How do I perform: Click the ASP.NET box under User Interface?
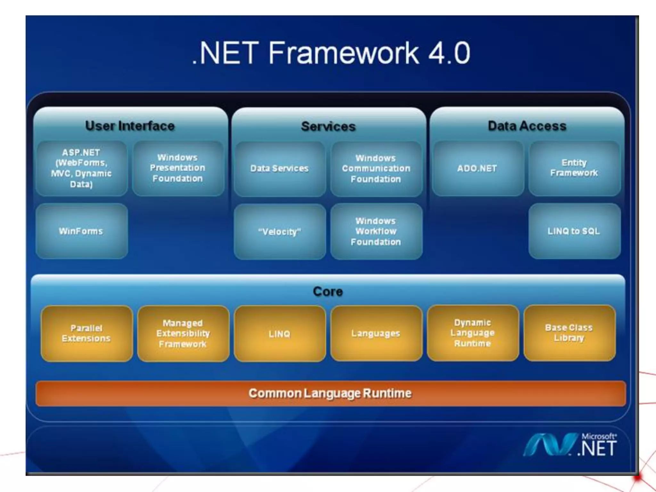[81, 168]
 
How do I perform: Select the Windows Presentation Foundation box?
[178, 168]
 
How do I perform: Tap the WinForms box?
[81, 231]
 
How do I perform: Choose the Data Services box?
[280, 168]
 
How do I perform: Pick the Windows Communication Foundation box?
[376, 168]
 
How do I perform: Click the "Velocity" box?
[280, 232]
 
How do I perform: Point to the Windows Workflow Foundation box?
[376, 231]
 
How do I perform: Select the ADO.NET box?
[477, 168]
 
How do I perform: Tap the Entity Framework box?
[574, 168]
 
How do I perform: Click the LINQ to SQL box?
[574, 231]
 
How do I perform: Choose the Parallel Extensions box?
[86, 333]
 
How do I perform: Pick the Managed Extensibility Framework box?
[183, 333]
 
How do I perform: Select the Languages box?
[376, 333]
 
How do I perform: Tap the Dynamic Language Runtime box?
[473, 333]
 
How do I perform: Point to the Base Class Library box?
[569, 333]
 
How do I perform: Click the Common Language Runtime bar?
[330, 393]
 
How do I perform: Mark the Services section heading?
[328, 127]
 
